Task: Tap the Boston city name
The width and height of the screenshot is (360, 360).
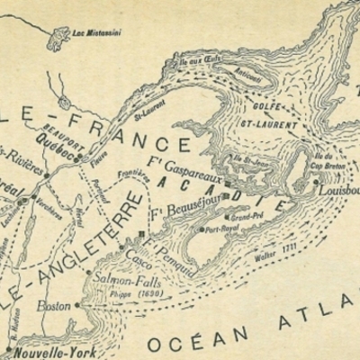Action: pyautogui.click(x=54, y=306)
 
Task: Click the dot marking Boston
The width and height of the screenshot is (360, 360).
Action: pyautogui.click(x=76, y=305)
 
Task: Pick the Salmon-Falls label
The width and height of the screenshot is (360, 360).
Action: pyautogui.click(x=121, y=280)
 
